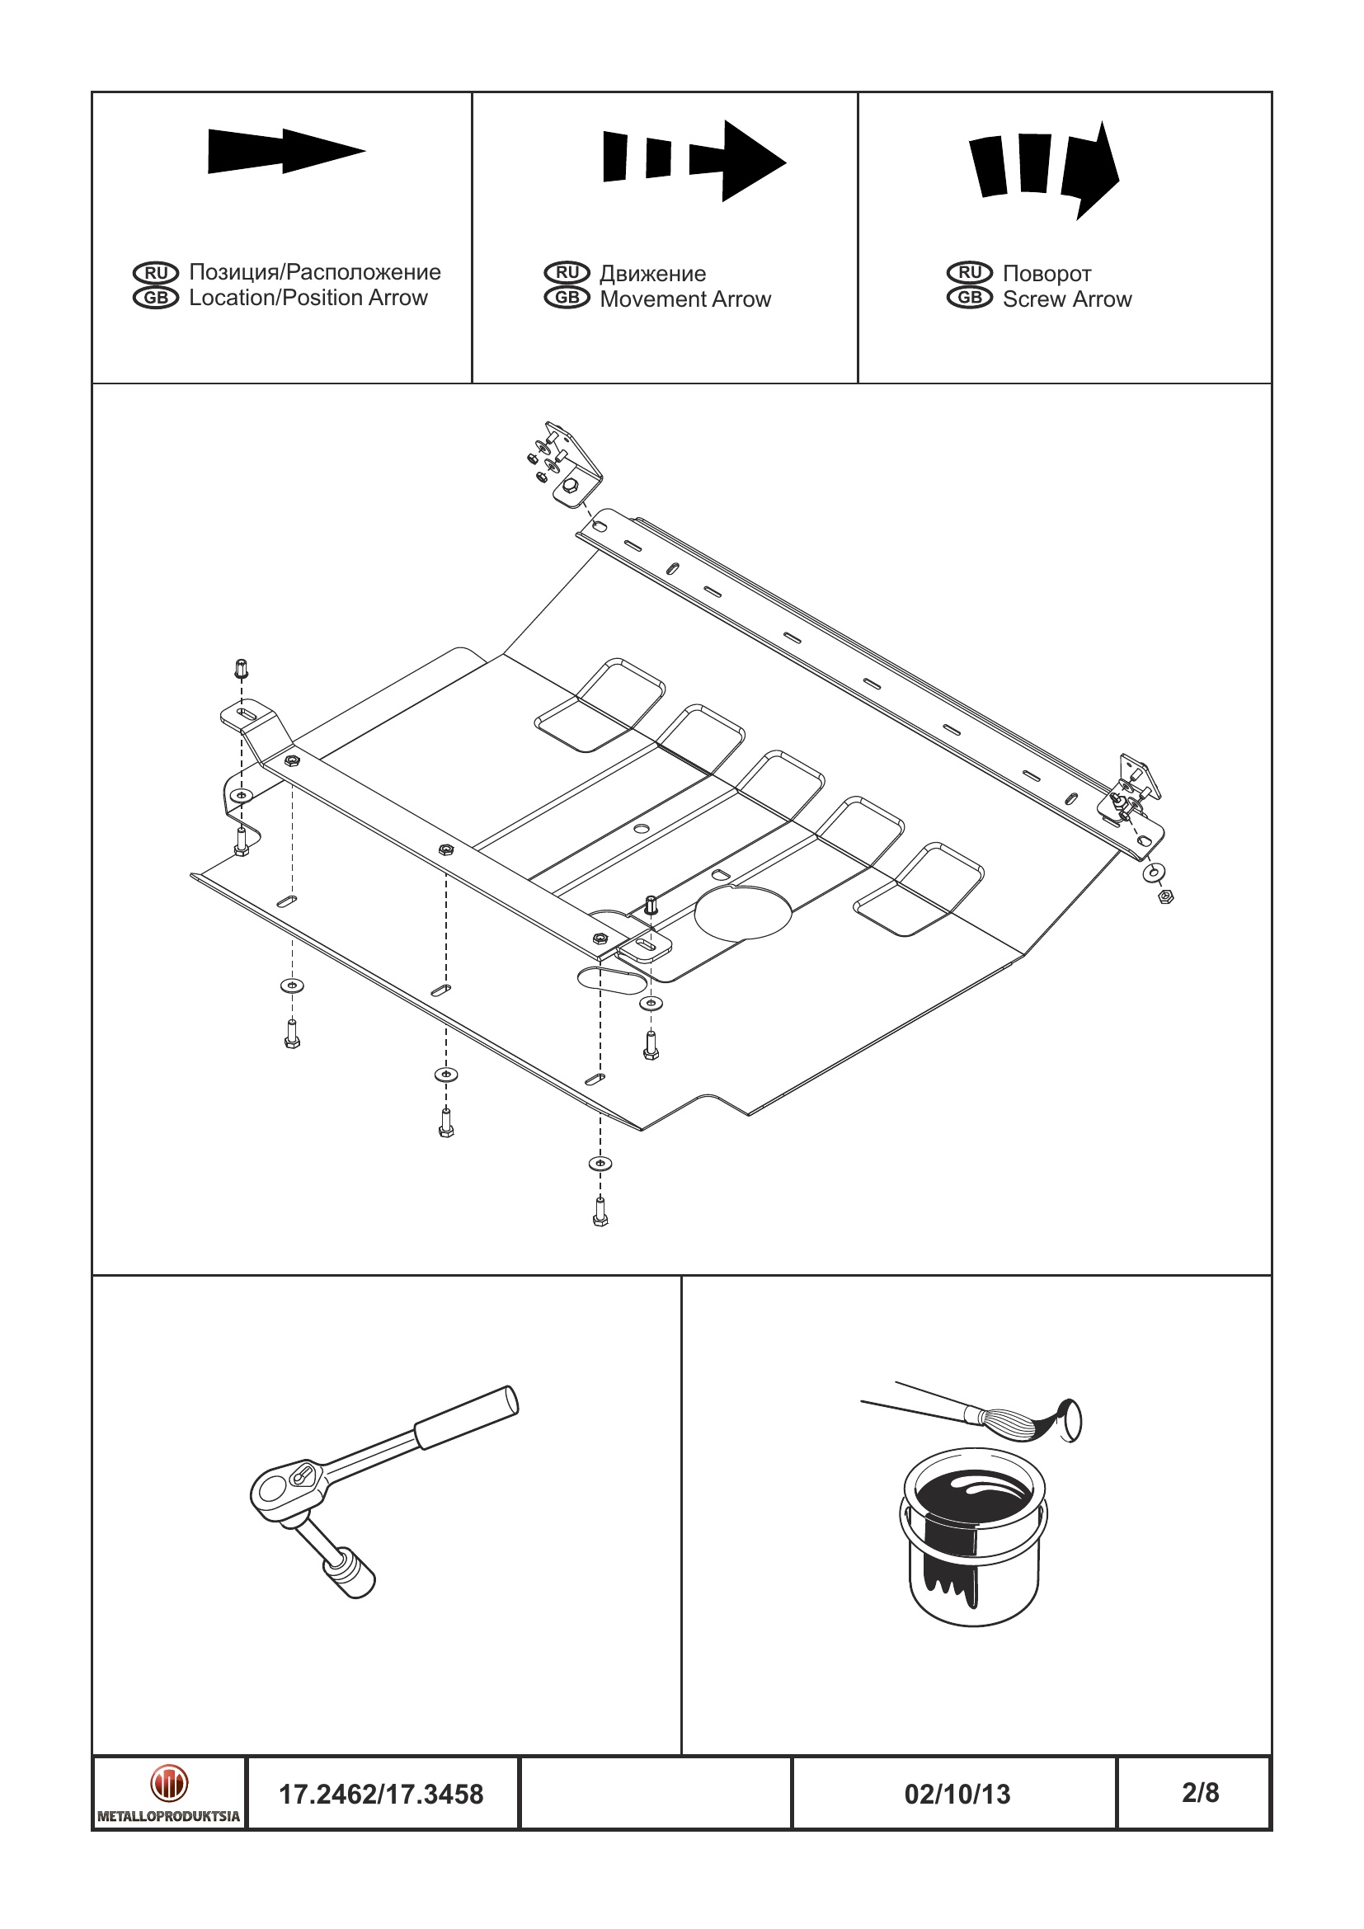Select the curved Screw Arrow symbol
tap(1045, 167)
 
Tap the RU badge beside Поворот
tap(969, 272)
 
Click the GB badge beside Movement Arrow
tap(567, 298)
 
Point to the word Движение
tap(652, 273)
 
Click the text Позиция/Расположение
tap(314, 271)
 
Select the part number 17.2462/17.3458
tap(380, 1794)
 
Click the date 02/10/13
tap(957, 1794)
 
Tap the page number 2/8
tap(1200, 1792)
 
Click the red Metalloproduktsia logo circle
tap(169, 1783)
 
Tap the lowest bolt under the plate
tap(600, 1212)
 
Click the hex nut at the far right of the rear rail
tap(1165, 896)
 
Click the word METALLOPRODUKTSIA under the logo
tap(169, 1815)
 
